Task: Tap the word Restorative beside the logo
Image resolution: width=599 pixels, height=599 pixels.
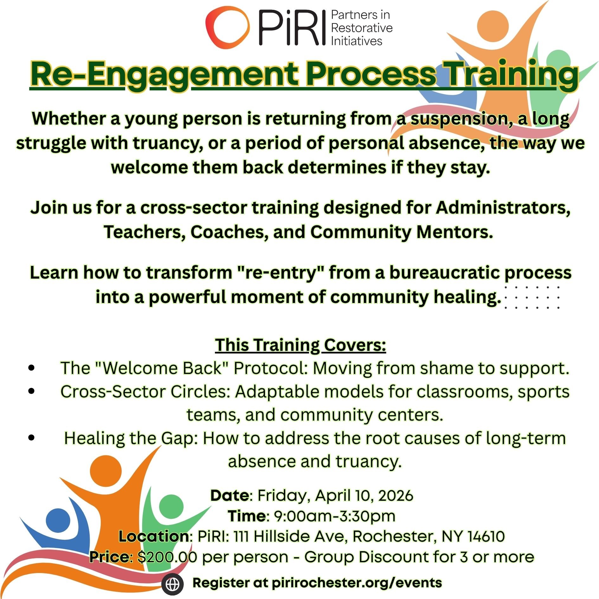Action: click(x=362, y=28)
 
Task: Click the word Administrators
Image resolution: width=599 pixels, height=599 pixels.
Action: click(x=503, y=208)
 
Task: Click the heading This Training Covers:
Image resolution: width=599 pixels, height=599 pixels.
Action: click(x=300, y=345)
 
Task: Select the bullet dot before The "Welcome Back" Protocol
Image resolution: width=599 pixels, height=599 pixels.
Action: click(x=31, y=368)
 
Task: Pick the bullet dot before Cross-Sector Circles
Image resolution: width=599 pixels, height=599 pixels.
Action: click(x=31, y=391)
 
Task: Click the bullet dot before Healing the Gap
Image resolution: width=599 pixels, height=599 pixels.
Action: click(x=31, y=438)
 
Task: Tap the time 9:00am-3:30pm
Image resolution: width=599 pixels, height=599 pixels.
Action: click(x=334, y=516)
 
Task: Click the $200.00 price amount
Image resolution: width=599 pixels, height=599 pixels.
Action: click(x=163, y=557)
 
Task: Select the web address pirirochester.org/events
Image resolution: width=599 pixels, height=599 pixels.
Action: click(x=357, y=583)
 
